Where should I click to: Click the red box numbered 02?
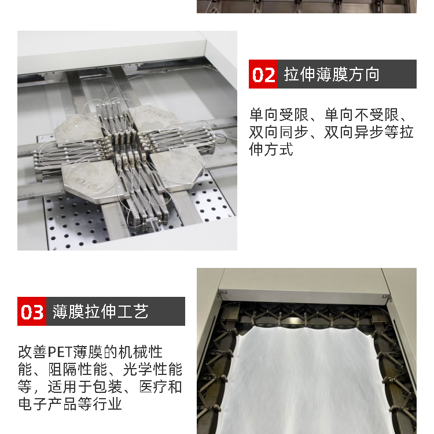pos(263,74)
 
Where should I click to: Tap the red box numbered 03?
pos(32,311)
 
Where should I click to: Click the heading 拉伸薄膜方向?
pos(332,74)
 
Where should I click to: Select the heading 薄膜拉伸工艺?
pos(101,311)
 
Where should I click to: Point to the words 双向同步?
pos(279,133)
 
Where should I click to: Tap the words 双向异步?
pos(354,133)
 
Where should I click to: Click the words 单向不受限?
pos(362,115)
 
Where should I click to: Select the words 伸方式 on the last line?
pos(271,150)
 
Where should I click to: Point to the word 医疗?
pos(153,387)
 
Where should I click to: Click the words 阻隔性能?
pos(78,370)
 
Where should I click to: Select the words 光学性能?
pos(153,370)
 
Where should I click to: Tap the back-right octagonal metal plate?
pos(152,117)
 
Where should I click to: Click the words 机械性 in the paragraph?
pos(141,352)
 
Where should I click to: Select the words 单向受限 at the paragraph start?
pos(279,115)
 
